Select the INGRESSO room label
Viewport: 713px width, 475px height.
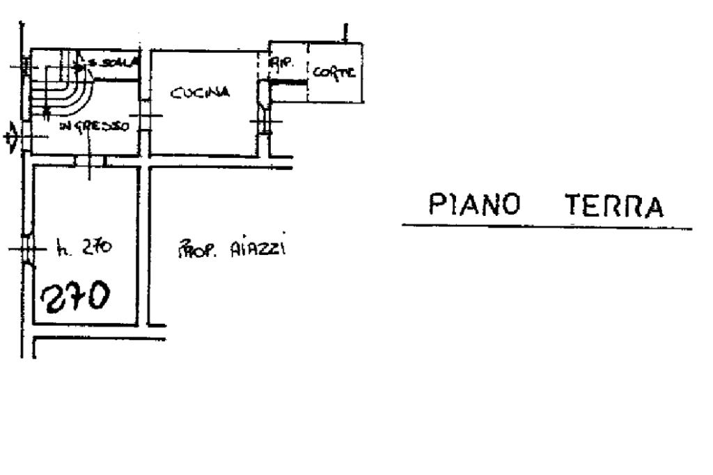coord(93,126)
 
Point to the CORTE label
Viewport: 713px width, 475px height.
coord(334,72)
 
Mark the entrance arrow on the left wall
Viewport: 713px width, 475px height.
coord(10,139)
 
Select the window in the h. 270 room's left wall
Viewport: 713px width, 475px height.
coord(27,249)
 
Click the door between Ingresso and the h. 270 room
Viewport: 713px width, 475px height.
coord(89,162)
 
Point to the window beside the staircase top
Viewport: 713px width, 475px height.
coord(26,66)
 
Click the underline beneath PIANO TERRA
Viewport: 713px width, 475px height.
coord(547,226)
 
